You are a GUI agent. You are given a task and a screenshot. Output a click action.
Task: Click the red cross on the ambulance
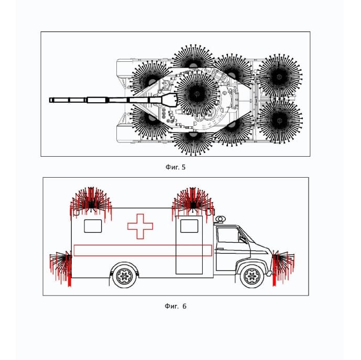point(140,226)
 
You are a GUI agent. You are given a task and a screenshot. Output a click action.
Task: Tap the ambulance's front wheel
point(252,276)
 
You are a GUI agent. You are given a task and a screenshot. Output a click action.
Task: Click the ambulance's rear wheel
point(125,276)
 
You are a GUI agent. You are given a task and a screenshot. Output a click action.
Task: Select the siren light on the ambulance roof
point(220,219)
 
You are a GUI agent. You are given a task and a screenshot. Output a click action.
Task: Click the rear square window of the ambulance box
point(93,226)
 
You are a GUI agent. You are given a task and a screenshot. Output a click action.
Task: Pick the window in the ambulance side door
point(189,226)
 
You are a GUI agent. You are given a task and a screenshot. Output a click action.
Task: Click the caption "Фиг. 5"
point(176,167)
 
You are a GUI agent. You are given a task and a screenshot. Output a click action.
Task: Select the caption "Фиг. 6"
point(176,306)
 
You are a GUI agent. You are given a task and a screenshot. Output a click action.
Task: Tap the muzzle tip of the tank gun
point(50,100)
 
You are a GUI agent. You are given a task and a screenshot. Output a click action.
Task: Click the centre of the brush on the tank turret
point(197,93)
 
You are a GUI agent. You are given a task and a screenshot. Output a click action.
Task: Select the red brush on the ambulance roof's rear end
point(91,204)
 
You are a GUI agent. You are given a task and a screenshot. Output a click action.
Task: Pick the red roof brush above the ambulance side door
point(193,204)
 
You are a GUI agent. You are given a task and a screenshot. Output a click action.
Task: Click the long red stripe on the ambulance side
point(143,250)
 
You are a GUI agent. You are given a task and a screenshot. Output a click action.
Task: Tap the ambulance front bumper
point(269,274)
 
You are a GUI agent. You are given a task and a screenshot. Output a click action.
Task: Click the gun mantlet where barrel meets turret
point(170,100)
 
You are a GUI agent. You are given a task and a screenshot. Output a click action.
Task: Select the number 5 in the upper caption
point(183,167)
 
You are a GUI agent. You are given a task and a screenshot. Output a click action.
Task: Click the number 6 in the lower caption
point(184,306)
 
